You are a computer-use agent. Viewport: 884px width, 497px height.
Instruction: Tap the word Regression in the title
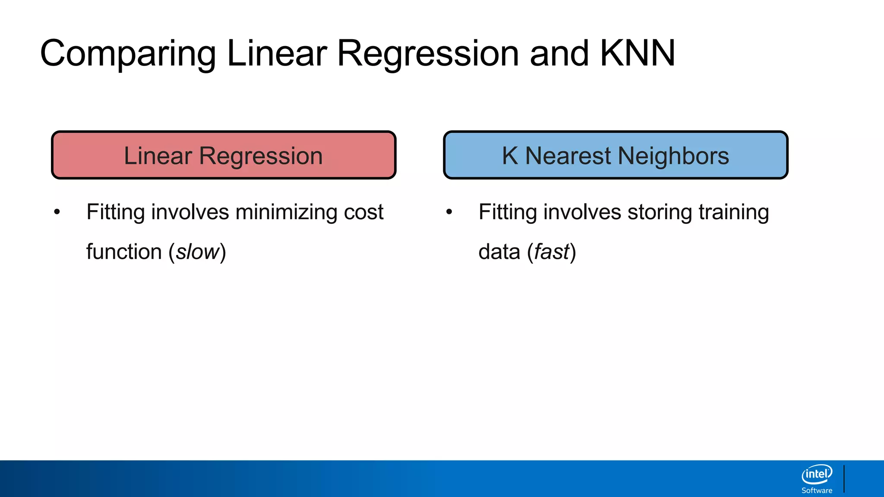[428, 54]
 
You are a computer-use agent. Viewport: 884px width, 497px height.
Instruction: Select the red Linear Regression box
[224, 155]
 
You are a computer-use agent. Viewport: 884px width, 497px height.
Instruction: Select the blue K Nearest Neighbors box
[616, 155]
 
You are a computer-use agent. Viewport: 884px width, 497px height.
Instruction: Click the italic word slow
[198, 252]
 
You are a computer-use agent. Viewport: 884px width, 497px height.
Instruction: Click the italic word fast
[552, 252]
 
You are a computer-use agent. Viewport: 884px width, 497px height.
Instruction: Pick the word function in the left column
[124, 252]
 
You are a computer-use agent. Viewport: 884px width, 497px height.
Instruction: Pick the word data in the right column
[499, 252]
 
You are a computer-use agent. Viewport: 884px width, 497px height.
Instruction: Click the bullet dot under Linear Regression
[57, 212]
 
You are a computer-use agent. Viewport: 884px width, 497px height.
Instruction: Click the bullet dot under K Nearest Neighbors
[449, 212]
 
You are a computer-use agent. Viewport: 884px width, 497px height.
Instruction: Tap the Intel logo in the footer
[817, 475]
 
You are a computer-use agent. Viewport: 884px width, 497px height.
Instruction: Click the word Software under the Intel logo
[817, 491]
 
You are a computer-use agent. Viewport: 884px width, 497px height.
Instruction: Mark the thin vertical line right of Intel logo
[844, 479]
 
